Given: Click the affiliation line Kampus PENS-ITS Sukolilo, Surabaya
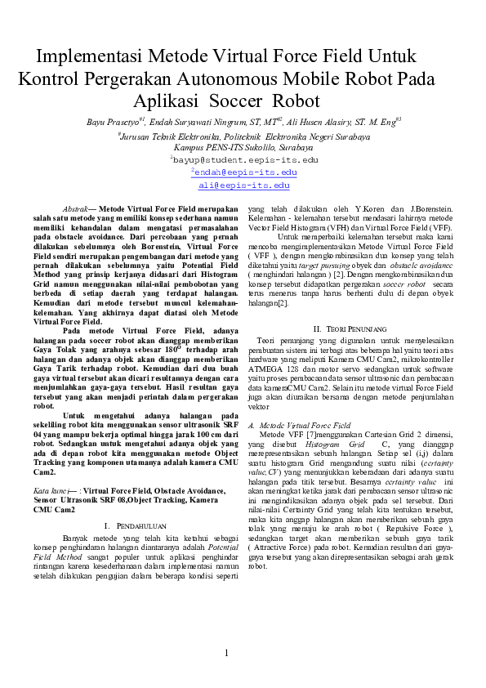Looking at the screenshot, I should point(243,149).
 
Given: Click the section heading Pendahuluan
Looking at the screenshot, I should point(135,525).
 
